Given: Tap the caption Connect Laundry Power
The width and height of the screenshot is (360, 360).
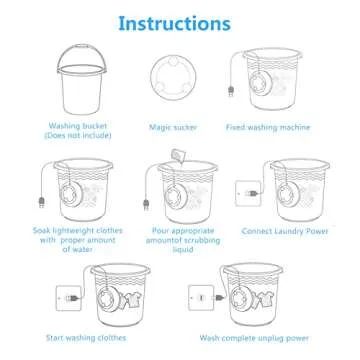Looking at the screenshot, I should [x=284, y=230].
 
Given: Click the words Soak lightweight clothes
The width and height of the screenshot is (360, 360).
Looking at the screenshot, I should [x=66, y=230].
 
